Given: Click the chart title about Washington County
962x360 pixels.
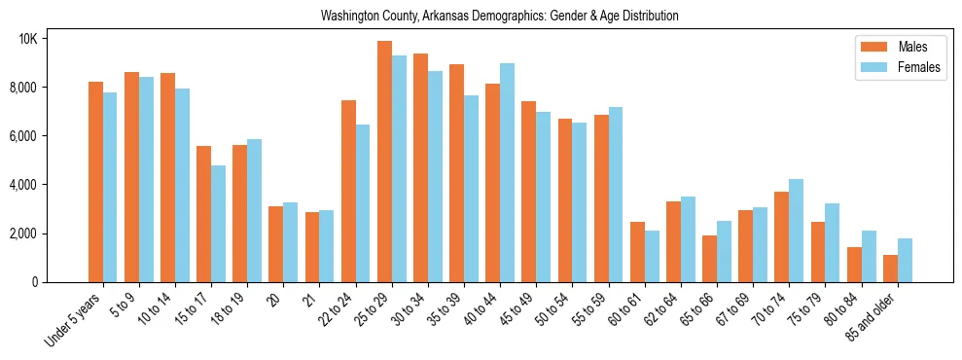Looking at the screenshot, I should click(x=500, y=17).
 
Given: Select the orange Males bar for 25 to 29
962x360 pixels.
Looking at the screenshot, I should click(x=384, y=162).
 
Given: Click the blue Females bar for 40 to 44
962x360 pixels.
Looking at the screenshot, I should click(x=507, y=172).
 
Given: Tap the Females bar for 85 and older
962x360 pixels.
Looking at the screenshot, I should click(x=905, y=260).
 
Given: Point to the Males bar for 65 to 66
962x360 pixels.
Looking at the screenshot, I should click(x=709, y=259).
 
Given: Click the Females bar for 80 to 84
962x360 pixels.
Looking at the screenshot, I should click(x=869, y=256).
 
